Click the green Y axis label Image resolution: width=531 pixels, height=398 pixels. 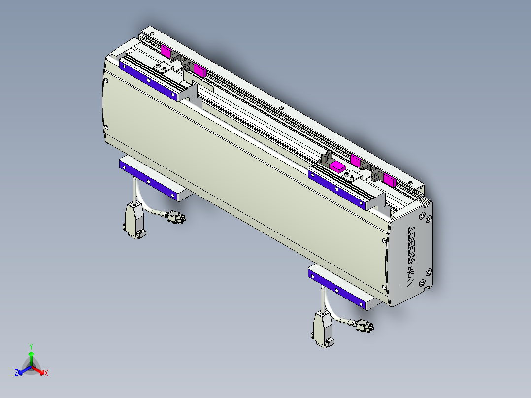click(x=31, y=346)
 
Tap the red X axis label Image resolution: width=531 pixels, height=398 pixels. click(x=46, y=373)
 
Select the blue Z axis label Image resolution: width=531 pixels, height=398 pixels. click(x=16, y=373)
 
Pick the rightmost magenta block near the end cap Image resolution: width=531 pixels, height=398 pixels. click(x=389, y=179)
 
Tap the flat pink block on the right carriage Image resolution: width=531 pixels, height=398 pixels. click(x=338, y=166)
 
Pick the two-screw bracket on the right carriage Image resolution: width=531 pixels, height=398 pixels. click(x=350, y=176)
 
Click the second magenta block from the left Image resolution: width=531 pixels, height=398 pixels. click(x=199, y=70)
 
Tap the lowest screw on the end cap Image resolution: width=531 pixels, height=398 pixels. click(x=422, y=282)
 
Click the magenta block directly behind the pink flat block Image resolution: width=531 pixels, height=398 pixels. click(x=355, y=160)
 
